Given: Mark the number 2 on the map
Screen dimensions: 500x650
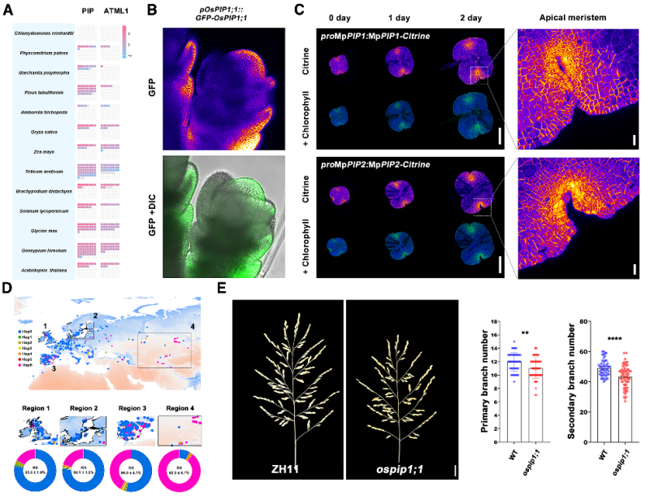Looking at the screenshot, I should tap(94, 315).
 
